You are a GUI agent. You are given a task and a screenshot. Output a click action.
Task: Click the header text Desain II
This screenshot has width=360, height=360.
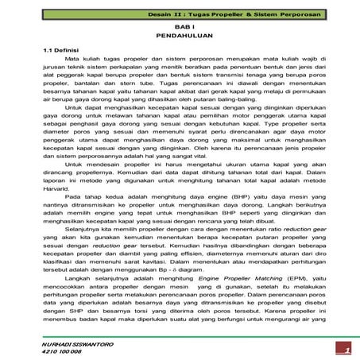pyautogui.click(x=188, y=15)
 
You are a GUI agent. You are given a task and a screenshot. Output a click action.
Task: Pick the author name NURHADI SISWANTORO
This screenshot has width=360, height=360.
pyautogui.click(x=62, y=340)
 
